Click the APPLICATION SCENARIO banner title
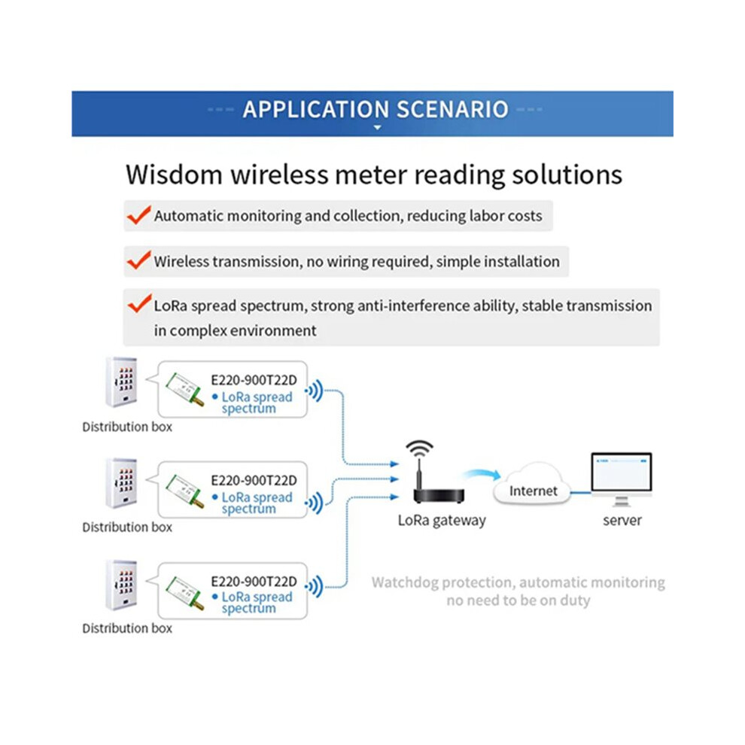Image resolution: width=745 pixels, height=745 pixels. coord(376,109)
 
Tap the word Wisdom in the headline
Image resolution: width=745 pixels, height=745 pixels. coord(174,175)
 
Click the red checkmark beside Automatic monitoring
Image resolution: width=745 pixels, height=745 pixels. coord(138,215)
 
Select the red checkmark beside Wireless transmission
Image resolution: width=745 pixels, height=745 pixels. coord(138,260)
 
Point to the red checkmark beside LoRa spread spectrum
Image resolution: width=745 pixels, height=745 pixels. coord(139,303)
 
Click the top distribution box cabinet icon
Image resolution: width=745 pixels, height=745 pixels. coord(122,382)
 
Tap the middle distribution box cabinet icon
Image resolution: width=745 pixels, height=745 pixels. coord(122,482)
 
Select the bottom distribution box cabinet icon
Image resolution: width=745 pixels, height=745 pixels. coord(122,585)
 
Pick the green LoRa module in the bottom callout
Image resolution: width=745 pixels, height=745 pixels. coord(185,593)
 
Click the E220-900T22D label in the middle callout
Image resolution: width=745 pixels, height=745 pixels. coord(254,480)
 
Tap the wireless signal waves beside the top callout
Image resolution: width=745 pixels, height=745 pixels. coord(315,391)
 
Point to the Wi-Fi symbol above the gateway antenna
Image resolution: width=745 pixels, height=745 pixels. coord(419,449)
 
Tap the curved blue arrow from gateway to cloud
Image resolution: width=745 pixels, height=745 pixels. coord(482,473)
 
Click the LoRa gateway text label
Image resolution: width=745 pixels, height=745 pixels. coord(442,521)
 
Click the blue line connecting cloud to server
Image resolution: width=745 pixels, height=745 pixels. coord(581,493)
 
